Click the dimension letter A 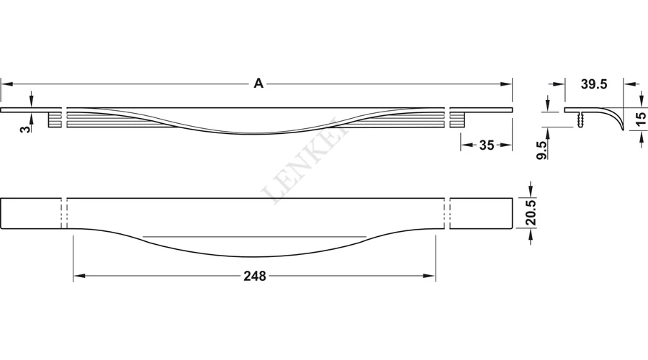(258, 84)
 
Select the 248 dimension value (255, 276)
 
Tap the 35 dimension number (487, 145)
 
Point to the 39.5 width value (594, 84)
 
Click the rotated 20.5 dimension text (531, 212)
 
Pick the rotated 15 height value (640, 120)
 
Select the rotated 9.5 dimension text (541, 150)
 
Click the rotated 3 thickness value (26, 129)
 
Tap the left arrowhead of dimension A (6, 84)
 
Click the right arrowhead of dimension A (506, 84)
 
